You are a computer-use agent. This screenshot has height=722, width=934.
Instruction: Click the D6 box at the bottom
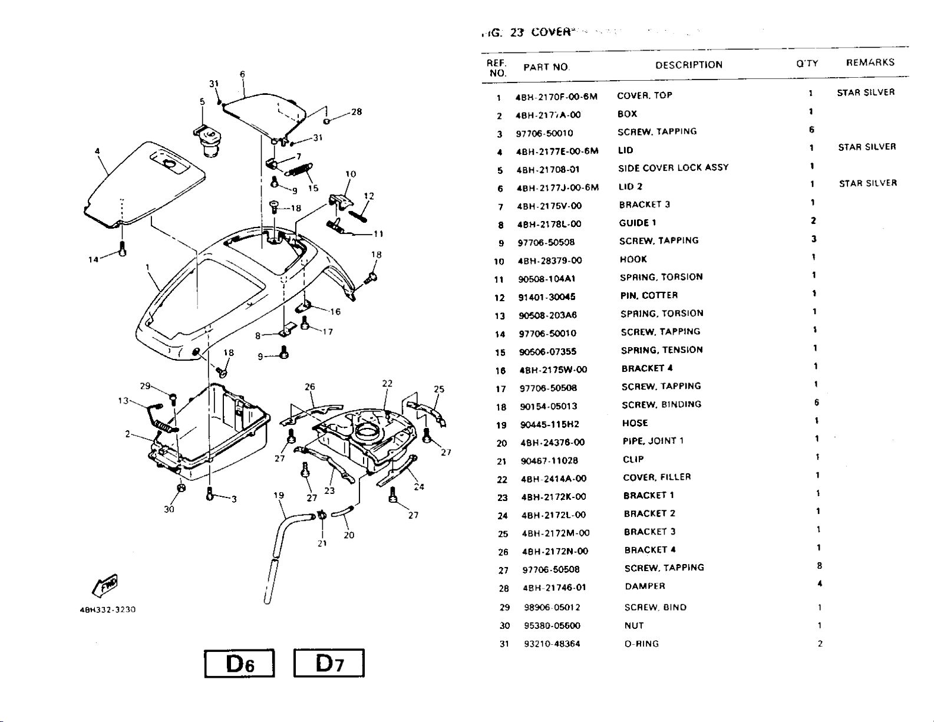tap(240, 664)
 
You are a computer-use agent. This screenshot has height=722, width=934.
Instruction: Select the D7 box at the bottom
tap(329, 664)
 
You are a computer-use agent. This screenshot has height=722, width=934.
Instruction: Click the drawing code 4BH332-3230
tap(107, 610)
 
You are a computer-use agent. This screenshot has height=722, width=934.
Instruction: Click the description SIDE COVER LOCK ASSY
tap(673, 168)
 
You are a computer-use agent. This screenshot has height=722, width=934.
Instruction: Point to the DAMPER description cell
tap(645, 586)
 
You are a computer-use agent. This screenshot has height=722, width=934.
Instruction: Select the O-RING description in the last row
tap(642, 644)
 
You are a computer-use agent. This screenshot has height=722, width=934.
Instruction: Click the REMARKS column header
tap(870, 62)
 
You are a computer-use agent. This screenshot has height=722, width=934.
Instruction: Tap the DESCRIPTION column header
tap(689, 65)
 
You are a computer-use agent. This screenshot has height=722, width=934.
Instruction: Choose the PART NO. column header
tap(546, 67)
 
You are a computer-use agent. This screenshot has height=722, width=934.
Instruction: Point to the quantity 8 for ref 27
tap(820, 566)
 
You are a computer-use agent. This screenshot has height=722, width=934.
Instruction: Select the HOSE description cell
tap(635, 423)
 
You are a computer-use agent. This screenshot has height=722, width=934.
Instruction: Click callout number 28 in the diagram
tap(356, 111)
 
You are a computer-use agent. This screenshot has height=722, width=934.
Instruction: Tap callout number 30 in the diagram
tap(169, 509)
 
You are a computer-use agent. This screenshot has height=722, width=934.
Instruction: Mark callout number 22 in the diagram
tap(387, 383)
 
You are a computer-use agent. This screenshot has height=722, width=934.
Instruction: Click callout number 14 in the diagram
tap(93, 259)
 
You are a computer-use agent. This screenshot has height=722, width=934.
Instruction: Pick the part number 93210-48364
tap(552, 644)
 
